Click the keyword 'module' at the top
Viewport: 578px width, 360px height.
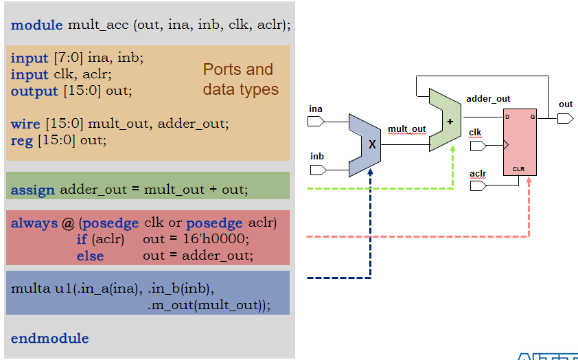point(37,25)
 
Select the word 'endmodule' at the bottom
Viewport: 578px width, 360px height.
point(50,338)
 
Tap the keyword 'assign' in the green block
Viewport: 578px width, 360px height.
point(32,190)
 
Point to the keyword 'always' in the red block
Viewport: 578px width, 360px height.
point(34,223)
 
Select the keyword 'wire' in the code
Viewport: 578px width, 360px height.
point(26,124)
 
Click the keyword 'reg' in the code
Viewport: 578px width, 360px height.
point(22,140)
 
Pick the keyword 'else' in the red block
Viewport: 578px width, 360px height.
point(90,256)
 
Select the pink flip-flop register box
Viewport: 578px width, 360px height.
point(520,142)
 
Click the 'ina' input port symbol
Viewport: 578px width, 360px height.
point(316,122)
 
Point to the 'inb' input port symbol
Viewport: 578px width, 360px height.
point(316,169)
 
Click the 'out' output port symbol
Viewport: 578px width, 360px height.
point(565,118)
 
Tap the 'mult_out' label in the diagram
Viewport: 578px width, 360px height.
point(406,128)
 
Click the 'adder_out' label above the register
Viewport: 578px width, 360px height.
point(488,98)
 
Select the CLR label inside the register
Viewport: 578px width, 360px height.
point(518,168)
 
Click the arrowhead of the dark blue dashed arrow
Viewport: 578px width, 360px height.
point(371,171)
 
